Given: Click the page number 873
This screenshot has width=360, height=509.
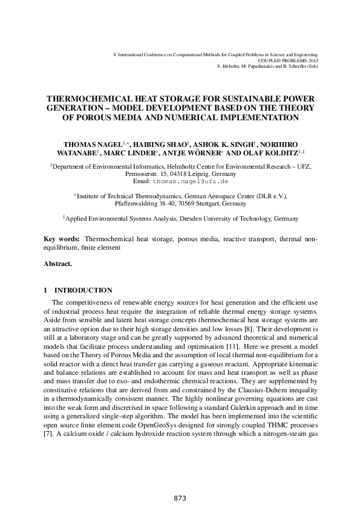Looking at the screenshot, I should [x=180, y=498].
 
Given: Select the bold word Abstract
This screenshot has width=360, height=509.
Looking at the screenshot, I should [x=57, y=264].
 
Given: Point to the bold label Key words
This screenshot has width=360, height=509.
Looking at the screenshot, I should [x=62, y=239].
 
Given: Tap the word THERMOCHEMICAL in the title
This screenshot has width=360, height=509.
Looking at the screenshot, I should [x=93, y=99].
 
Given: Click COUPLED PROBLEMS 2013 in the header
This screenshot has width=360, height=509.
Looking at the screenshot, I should [x=288, y=60].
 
